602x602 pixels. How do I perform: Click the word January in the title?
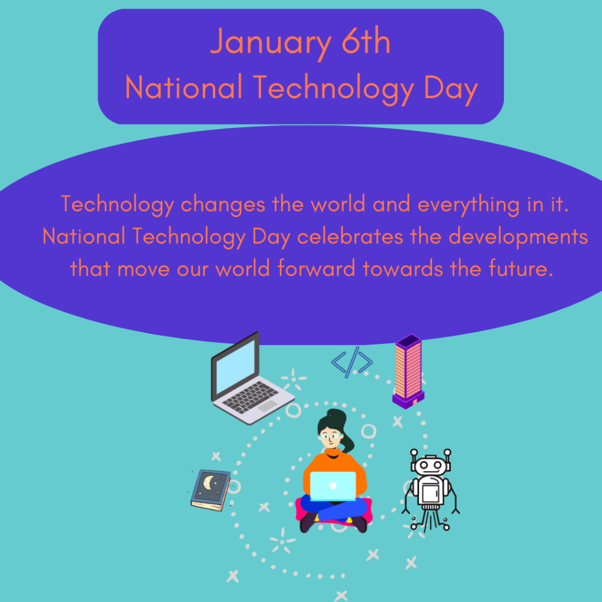click(x=271, y=42)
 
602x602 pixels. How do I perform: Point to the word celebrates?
click(x=350, y=236)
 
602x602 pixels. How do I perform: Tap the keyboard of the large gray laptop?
click(x=250, y=397)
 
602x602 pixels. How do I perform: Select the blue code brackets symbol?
click(x=352, y=362)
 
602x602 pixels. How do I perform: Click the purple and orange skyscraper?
click(x=409, y=371)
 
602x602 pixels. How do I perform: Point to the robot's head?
click(x=430, y=465)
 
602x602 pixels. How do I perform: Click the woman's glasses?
click(x=330, y=436)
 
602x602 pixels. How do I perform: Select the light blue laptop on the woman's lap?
click(x=333, y=486)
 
